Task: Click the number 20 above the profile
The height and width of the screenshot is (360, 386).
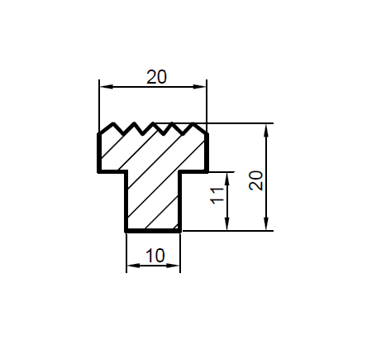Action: [x=156, y=77]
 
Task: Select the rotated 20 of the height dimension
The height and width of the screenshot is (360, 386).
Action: [x=256, y=180]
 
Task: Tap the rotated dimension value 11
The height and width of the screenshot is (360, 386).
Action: [x=217, y=196]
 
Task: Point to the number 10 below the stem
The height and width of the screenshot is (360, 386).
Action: [x=155, y=256]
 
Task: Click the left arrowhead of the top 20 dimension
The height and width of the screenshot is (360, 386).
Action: [x=106, y=87]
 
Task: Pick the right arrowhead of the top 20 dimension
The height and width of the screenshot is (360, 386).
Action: [x=200, y=87]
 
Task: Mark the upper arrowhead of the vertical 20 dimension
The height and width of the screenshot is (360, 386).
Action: [x=266, y=130]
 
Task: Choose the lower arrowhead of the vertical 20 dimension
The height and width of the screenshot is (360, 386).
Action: [x=266, y=223]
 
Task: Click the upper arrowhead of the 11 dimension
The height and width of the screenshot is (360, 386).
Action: [x=227, y=179]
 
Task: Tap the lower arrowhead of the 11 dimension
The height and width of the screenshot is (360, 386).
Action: [x=227, y=223]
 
